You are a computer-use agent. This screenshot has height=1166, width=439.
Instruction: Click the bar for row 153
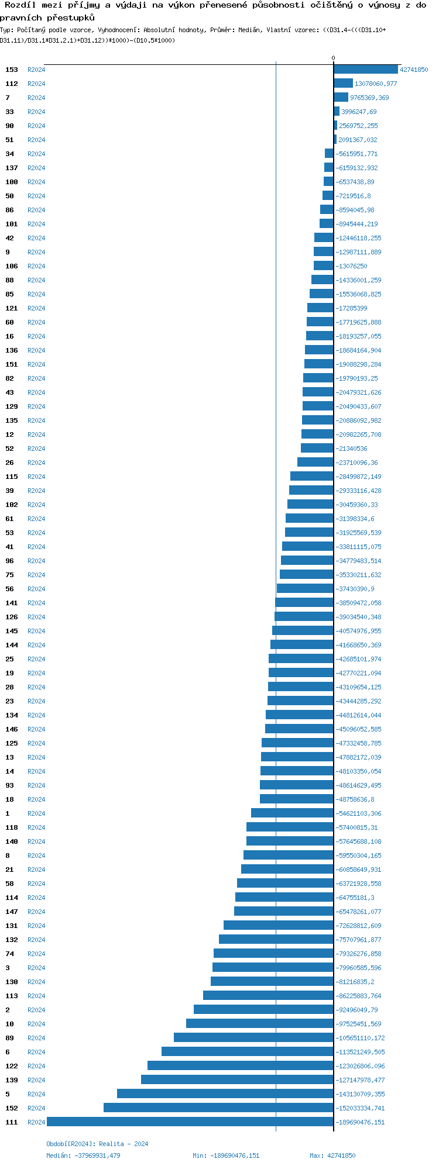coord(366,70)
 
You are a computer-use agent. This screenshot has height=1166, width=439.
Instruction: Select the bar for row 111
coord(190,1122)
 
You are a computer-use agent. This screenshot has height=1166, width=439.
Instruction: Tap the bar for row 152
coord(218,1108)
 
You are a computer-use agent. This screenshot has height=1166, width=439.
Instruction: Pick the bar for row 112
coord(344,84)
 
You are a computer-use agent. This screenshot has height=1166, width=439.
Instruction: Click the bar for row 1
coord(292,813)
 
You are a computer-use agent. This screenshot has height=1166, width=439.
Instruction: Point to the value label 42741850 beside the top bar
coord(414,70)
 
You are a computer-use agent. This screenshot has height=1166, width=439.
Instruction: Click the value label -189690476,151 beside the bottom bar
coord(360,1122)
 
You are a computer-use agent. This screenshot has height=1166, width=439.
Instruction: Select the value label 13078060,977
coord(376,84)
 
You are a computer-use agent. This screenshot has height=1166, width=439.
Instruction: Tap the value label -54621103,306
coord(358,813)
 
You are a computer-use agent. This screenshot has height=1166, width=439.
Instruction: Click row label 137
coord(12,168)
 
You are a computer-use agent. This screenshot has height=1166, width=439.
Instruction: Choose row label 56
coord(9,589)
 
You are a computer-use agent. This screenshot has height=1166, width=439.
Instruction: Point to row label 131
coord(12,926)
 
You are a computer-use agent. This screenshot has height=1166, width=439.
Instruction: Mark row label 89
coord(9,1038)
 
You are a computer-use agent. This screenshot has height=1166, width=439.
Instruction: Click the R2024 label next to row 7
coord(36,98)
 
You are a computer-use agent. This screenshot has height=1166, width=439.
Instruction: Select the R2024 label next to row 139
coord(36,1080)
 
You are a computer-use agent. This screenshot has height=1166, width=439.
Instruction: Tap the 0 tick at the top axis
coord(334,58)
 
